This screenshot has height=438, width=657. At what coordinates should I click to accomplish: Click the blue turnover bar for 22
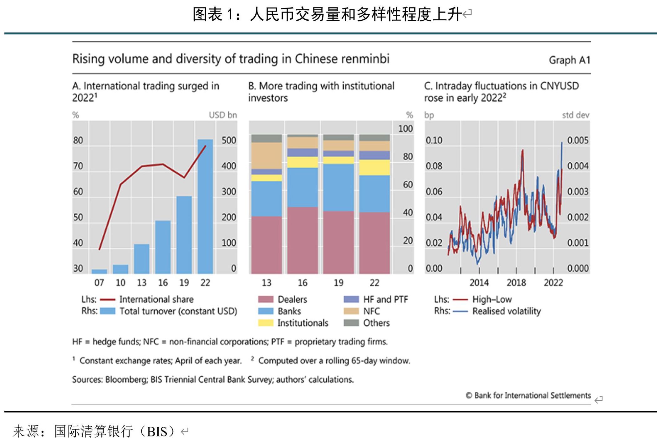point(205,206)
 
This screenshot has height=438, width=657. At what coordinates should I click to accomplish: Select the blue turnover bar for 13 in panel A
point(142,259)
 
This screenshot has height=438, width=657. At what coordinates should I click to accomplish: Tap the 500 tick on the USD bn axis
point(229,140)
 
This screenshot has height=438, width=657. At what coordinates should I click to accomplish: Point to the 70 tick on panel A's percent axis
point(78,166)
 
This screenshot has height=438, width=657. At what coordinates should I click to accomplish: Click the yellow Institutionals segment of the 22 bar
point(374,168)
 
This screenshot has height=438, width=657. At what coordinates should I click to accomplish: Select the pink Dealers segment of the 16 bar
point(303,240)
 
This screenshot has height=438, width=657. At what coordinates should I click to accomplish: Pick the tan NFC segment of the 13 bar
point(267,156)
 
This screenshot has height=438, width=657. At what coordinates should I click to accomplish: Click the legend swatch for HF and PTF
point(351,299)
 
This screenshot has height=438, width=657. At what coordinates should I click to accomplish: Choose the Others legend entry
point(376,323)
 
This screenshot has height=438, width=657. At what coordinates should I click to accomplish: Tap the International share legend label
point(156,299)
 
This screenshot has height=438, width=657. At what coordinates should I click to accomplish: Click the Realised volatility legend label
point(507,311)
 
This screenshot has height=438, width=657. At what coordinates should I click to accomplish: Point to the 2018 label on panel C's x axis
point(516,283)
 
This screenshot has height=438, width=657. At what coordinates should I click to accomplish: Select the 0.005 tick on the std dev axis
point(578,140)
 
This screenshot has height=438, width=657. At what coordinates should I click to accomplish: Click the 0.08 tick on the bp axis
point(434,166)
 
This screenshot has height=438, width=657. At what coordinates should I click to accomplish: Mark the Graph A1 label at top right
point(569,60)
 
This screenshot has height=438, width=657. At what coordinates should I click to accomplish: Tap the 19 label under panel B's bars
point(339,283)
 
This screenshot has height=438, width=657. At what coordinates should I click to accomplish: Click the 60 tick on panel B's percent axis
point(408,185)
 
